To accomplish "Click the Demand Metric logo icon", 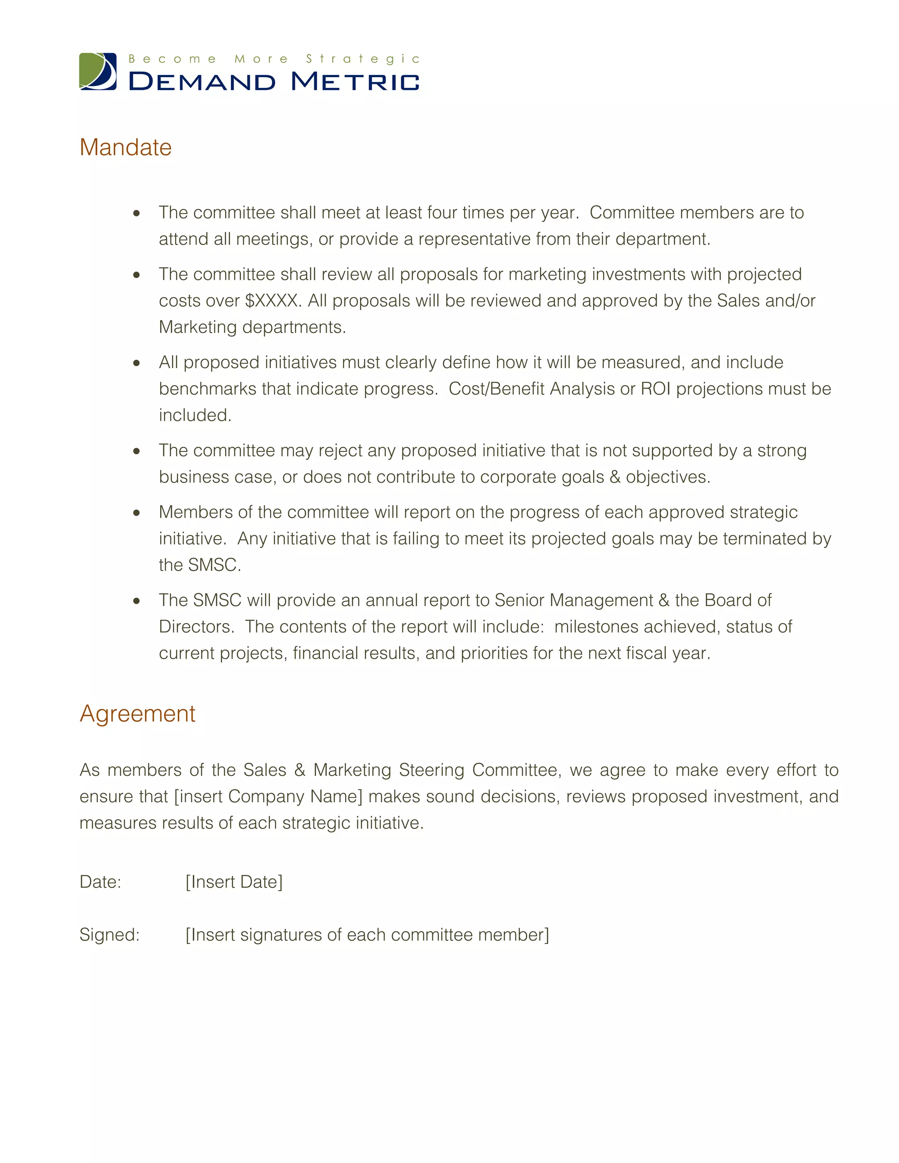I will point(98,72).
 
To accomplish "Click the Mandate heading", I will point(126,147).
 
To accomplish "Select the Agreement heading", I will point(137,714).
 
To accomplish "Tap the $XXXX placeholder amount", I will point(272,301).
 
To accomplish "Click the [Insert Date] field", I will point(234,882).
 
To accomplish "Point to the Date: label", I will point(100,882).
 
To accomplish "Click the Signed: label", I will point(109,934).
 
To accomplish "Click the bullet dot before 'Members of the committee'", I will point(137,513).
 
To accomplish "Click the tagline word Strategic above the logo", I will point(363,58).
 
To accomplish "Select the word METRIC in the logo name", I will point(355,82).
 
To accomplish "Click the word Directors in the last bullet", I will point(196,627).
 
